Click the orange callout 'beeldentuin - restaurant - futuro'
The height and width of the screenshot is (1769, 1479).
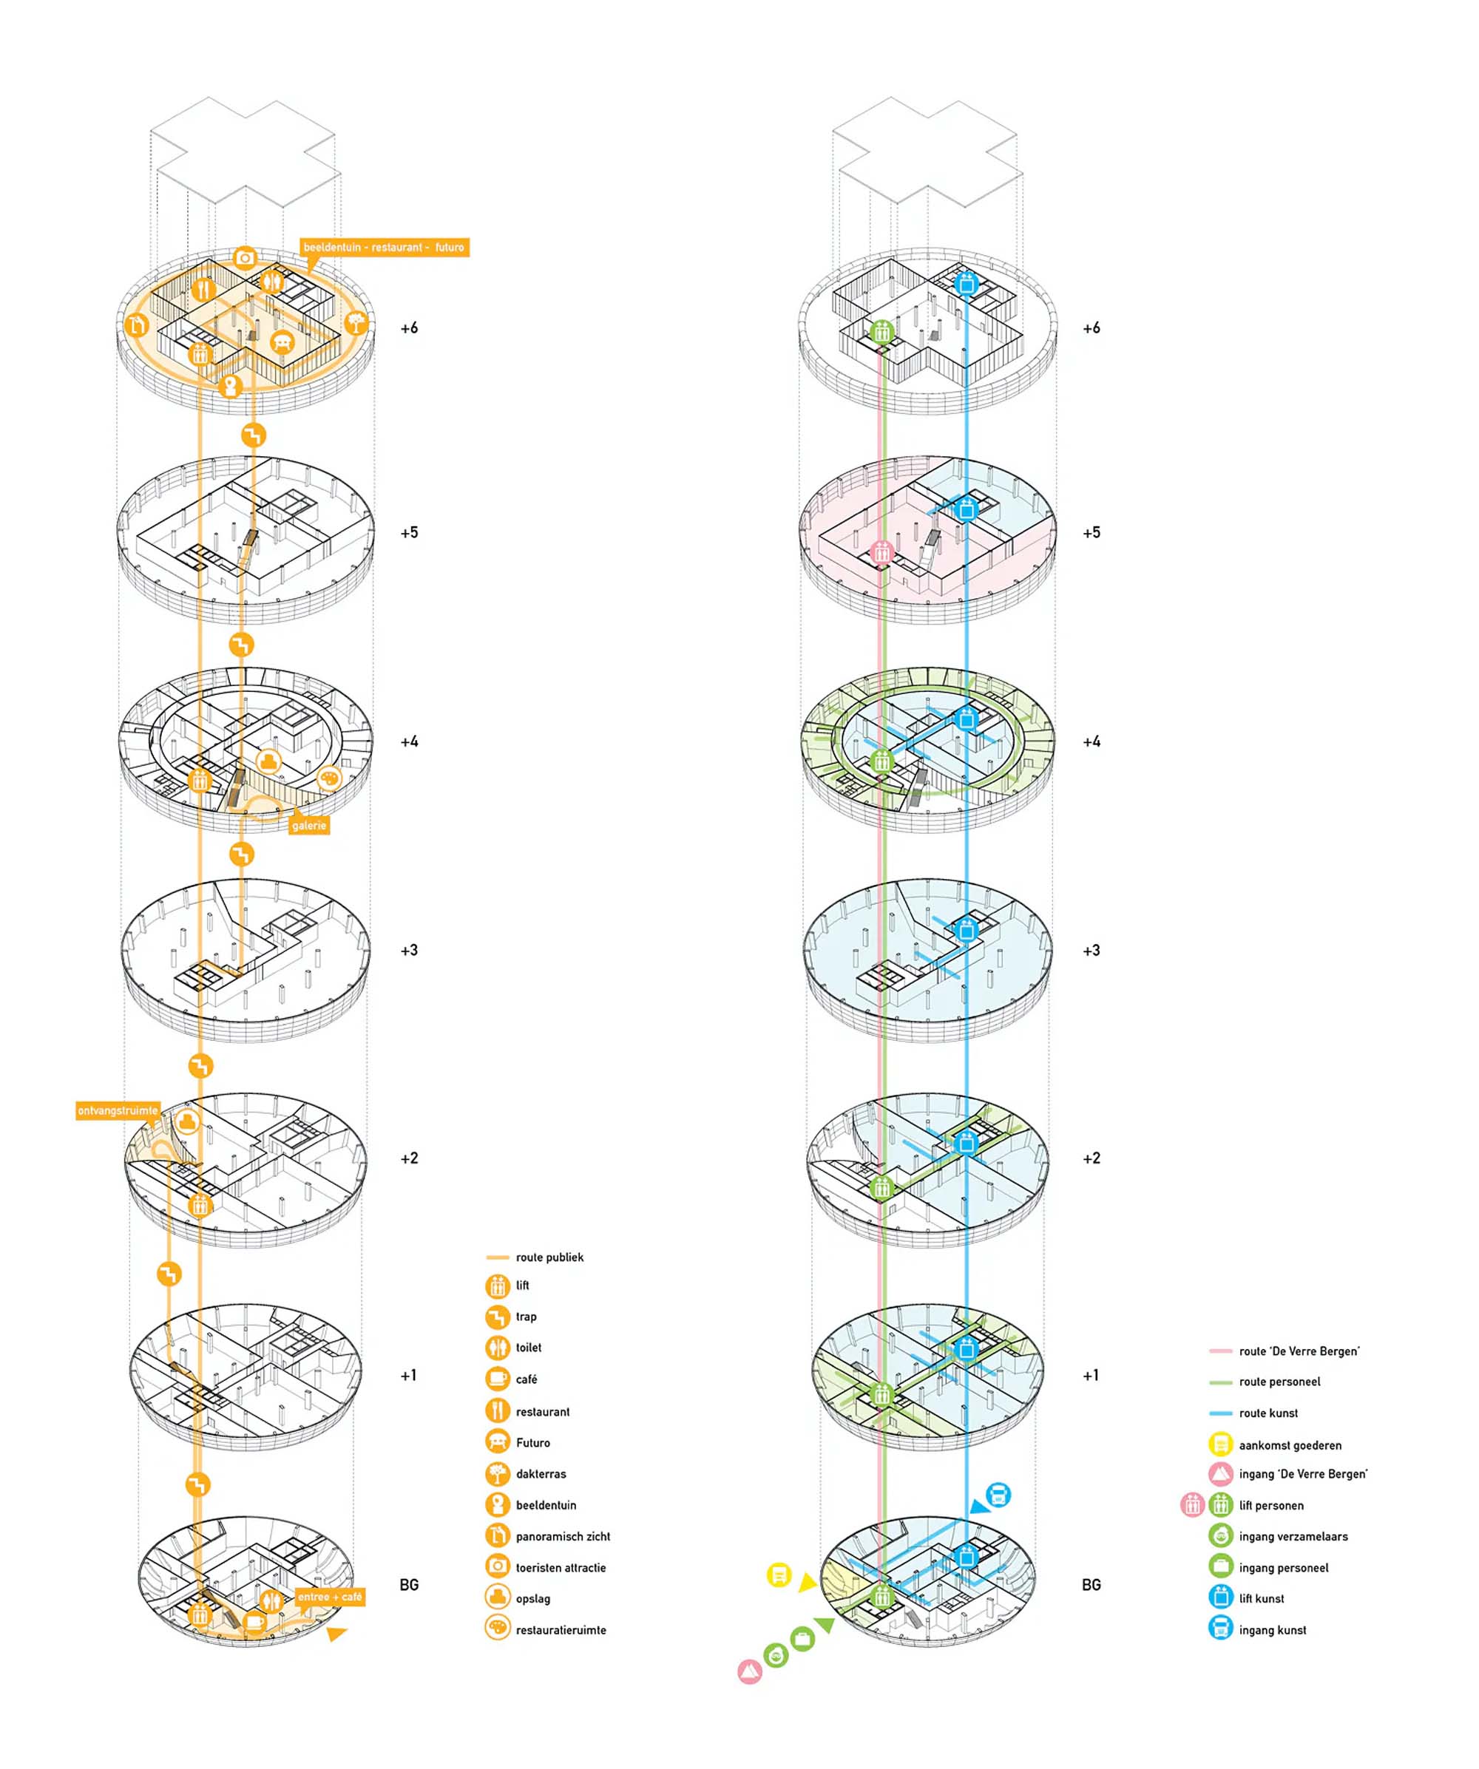tap(384, 248)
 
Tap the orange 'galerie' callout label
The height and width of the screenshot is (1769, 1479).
tap(308, 826)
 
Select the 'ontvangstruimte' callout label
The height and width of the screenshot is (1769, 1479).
tap(118, 1110)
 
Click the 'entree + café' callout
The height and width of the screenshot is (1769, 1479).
tap(330, 1596)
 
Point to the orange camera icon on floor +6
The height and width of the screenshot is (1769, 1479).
tap(246, 258)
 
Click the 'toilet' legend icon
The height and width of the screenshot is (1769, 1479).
tap(497, 1348)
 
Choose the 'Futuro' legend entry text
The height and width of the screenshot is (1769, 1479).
tap(532, 1443)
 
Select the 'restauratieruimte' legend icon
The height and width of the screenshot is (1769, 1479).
tap(497, 1630)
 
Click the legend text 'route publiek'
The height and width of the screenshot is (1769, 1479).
tap(549, 1257)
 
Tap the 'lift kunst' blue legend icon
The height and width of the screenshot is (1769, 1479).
tap(1220, 1598)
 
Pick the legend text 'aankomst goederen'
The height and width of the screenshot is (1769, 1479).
tap(1290, 1445)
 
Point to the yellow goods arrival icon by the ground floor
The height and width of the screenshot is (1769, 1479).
tap(779, 1575)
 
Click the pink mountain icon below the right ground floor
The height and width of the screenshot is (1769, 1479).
tap(749, 1671)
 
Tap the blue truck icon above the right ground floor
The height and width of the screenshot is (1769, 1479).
tap(998, 1495)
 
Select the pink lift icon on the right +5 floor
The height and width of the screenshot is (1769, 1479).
tap(881, 554)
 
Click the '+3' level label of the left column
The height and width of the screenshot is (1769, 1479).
tap(409, 950)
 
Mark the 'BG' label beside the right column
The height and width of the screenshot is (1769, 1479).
tap(1091, 1584)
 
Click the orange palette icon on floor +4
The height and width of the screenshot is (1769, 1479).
tap(330, 778)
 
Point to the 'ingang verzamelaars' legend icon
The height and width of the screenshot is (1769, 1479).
tap(1220, 1535)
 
